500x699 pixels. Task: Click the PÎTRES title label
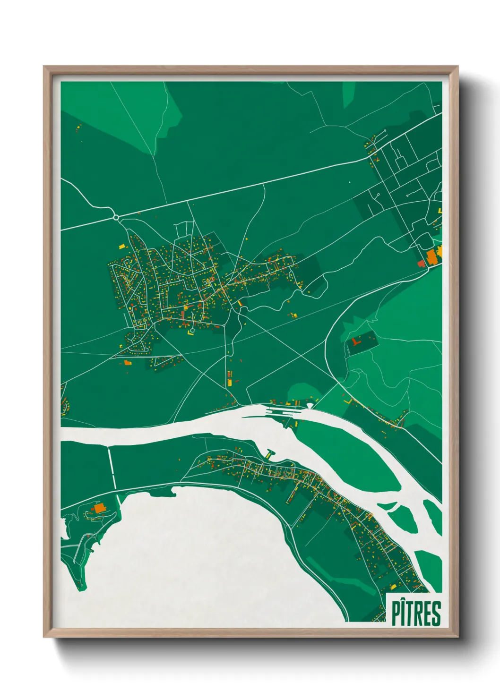[x=416, y=613]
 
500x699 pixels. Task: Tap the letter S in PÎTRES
[x=436, y=613]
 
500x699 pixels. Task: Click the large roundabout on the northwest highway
[x=116, y=217]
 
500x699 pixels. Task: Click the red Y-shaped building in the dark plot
[x=356, y=341]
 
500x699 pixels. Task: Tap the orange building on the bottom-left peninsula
[x=99, y=508]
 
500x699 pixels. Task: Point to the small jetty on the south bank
[x=270, y=453]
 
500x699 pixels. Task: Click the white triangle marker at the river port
[x=310, y=405]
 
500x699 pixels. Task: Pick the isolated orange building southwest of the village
[x=127, y=362]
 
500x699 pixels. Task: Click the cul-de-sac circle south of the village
[x=192, y=330]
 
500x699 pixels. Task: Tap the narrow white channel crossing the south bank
[x=112, y=468]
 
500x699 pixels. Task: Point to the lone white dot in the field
[x=349, y=182]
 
